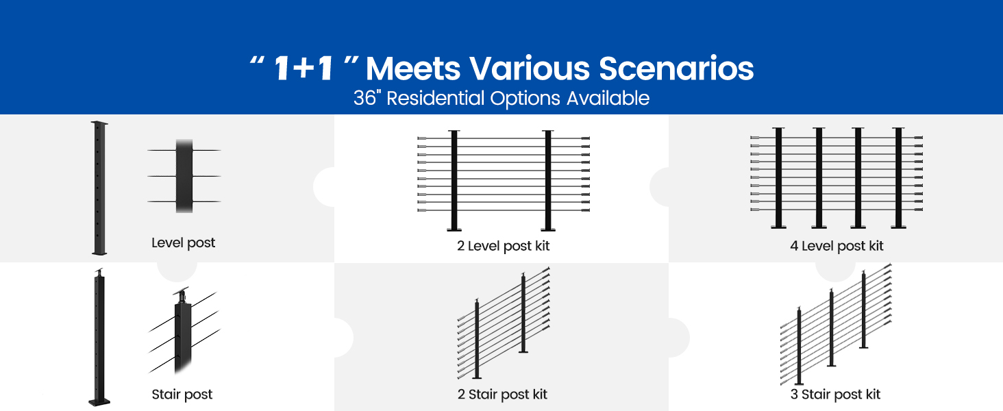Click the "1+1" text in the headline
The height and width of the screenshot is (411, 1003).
click(304, 68)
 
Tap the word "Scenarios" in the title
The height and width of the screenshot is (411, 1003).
click(676, 68)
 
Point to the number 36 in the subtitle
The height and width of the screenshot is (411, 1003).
click(365, 98)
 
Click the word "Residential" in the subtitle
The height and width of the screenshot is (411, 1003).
click(435, 98)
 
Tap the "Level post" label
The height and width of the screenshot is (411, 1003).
click(183, 242)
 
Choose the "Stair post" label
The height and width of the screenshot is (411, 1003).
click(182, 395)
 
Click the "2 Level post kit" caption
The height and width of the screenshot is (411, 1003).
click(503, 246)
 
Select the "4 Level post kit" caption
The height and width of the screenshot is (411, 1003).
click(837, 246)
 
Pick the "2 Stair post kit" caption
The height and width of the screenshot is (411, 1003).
click(502, 395)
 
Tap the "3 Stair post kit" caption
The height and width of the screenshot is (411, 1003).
click(835, 395)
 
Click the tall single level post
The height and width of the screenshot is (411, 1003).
click(99, 188)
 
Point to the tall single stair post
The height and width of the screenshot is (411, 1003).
click(99, 338)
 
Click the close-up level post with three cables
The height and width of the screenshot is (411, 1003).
click(184, 176)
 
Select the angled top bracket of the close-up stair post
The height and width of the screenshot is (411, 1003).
click(182, 295)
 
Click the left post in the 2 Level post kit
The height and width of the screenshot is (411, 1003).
click(454, 180)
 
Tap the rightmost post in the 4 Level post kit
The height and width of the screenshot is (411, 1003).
click(898, 178)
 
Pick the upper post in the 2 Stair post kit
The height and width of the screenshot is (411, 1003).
click(523, 312)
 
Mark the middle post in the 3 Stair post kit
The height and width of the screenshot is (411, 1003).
click(832, 327)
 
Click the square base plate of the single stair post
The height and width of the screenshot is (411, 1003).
click(99, 402)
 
